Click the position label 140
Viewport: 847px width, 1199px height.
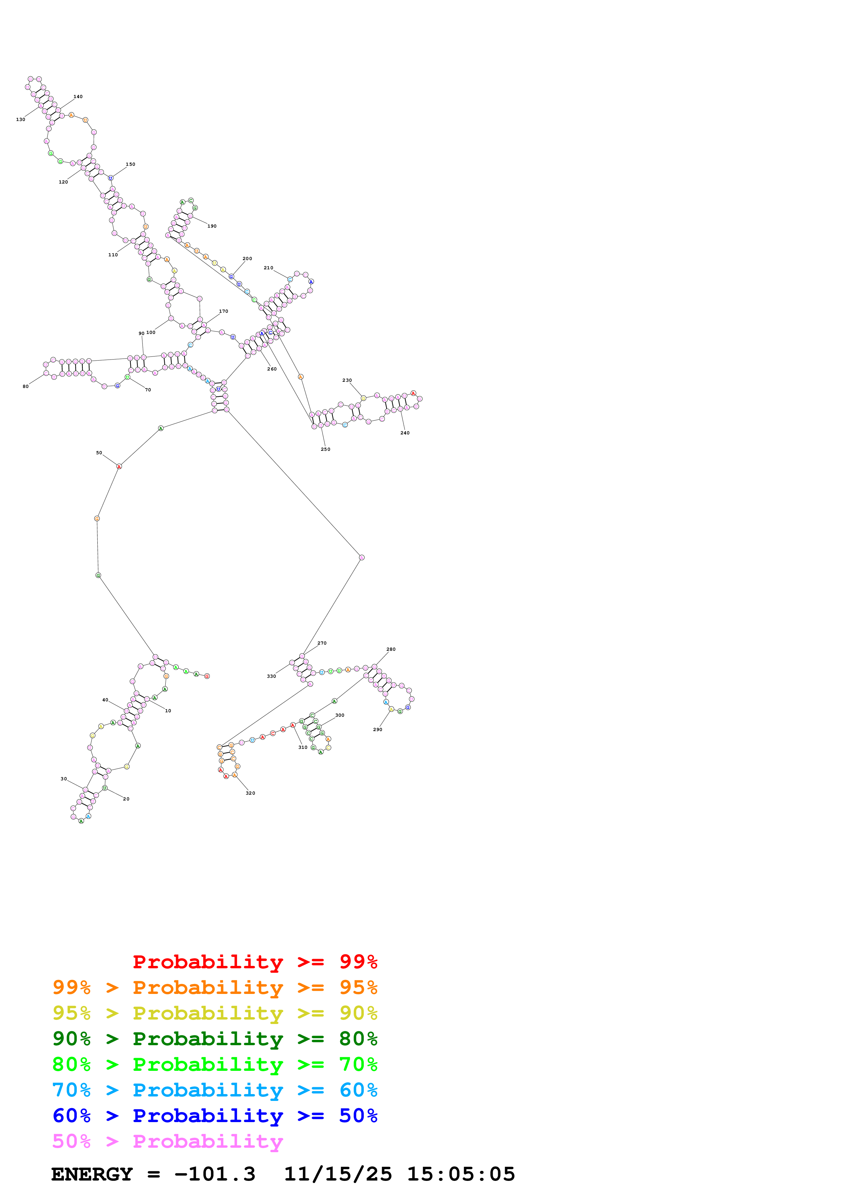coord(78,97)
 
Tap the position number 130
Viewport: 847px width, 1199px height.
coord(21,120)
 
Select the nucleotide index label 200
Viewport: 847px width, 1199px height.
coord(247,258)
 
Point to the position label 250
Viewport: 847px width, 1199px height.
coord(325,449)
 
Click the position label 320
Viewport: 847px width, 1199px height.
coord(250,793)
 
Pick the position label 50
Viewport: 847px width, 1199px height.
coord(99,453)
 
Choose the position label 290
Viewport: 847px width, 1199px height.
coord(377,729)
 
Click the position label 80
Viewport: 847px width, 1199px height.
coord(26,387)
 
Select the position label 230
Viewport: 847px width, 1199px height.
coord(347,380)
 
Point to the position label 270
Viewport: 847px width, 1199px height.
coord(322,643)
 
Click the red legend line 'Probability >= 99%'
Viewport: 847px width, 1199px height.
coord(255,962)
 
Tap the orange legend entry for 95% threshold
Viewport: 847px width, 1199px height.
coord(215,987)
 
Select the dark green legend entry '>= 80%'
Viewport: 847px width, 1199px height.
coord(215,1039)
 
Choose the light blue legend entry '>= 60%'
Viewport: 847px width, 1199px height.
coord(215,1090)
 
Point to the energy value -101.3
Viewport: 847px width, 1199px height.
coord(215,1174)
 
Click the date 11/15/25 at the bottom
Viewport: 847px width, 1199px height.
coord(338,1174)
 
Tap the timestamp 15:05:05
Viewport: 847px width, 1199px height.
coord(461,1174)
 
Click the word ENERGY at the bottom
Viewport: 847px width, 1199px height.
coord(92,1174)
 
